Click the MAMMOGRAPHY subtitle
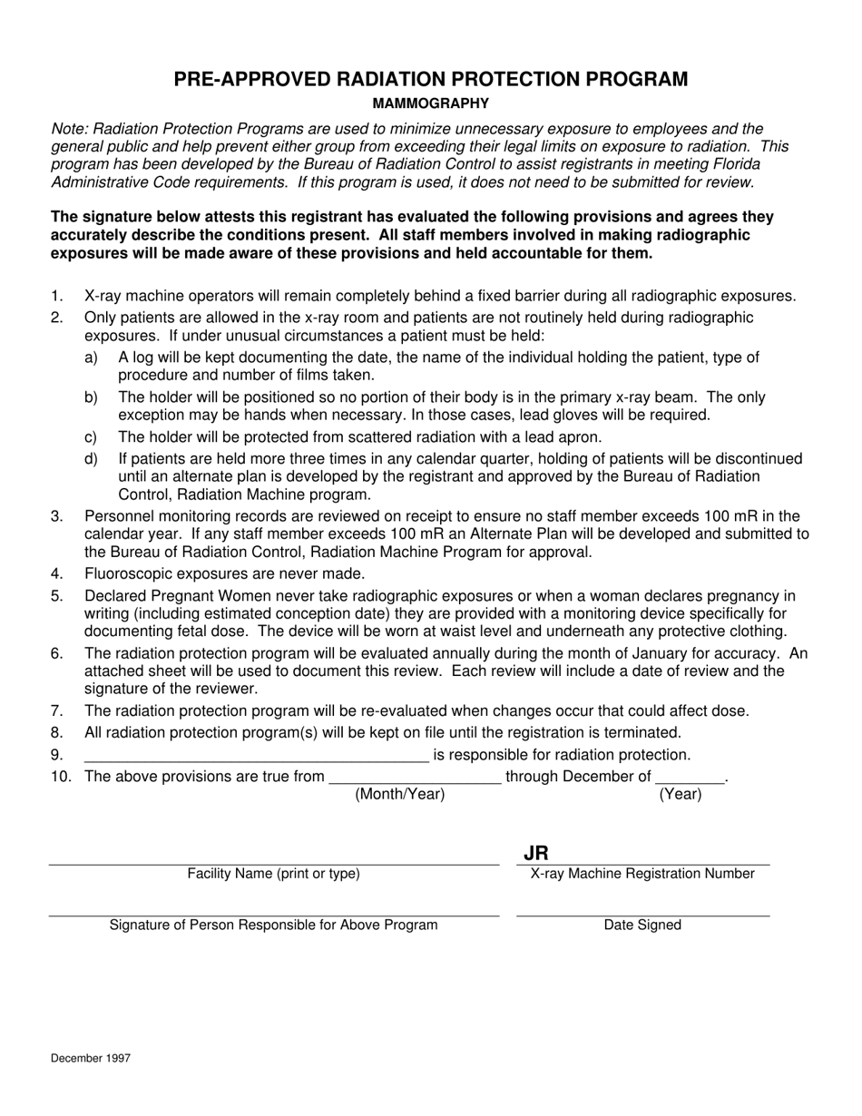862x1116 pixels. click(430, 103)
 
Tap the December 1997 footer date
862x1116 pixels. click(91, 1058)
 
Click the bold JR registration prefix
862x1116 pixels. click(536, 853)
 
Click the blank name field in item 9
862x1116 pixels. click(256, 759)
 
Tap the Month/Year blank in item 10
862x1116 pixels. click(415, 779)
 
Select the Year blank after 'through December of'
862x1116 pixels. click(690, 779)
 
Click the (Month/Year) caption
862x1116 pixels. click(400, 794)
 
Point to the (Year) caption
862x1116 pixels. click(681, 794)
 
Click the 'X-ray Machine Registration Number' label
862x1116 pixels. click(642, 874)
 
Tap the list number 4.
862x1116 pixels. click(57, 573)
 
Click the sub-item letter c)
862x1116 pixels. click(91, 436)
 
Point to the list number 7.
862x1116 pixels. click(57, 710)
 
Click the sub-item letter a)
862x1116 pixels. click(91, 357)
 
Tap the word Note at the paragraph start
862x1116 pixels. click(68, 129)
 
